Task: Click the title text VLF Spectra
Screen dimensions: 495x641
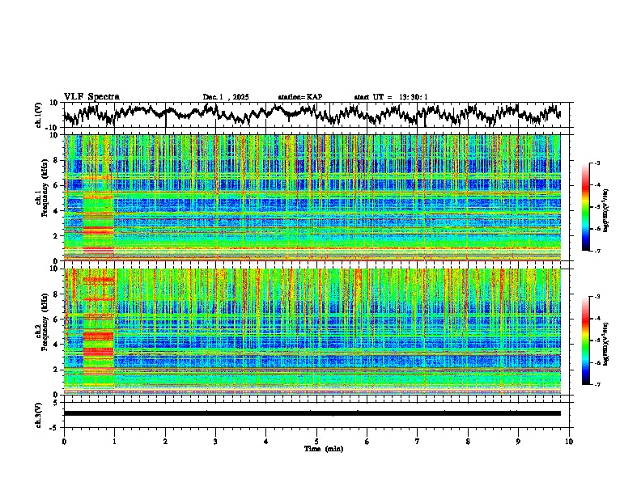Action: pyautogui.click(x=91, y=96)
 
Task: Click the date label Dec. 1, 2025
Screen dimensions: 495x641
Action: pyautogui.click(x=228, y=97)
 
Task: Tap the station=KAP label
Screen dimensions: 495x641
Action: pyautogui.click(x=299, y=97)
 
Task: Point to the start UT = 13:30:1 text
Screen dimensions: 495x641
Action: pyautogui.click(x=391, y=97)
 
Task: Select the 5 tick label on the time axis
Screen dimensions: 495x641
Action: pyautogui.click(x=316, y=441)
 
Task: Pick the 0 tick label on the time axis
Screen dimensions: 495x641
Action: pyautogui.click(x=64, y=441)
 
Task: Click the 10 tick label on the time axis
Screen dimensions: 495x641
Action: pyautogui.click(x=569, y=441)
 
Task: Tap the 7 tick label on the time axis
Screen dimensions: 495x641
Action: pyautogui.click(x=418, y=441)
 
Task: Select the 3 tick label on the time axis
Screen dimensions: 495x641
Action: pyautogui.click(x=215, y=441)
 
